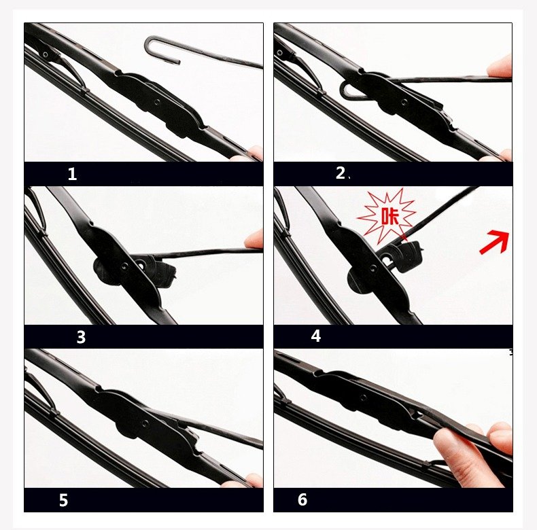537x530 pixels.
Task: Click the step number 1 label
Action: click(72, 174)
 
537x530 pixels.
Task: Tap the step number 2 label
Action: click(341, 173)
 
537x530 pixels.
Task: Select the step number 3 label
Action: click(81, 337)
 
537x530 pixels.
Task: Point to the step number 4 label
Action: click(316, 336)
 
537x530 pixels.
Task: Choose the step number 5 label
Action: click(63, 500)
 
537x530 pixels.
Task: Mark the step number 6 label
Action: click(302, 499)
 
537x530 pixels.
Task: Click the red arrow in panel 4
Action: click(495, 242)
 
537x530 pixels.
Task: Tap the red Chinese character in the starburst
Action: click(390, 216)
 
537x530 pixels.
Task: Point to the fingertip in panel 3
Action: click(254, 239)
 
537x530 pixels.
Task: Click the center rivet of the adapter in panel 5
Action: click(145, 423)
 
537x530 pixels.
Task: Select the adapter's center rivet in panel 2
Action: click(404, 102)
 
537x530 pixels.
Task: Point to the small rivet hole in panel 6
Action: click(364, 397)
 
